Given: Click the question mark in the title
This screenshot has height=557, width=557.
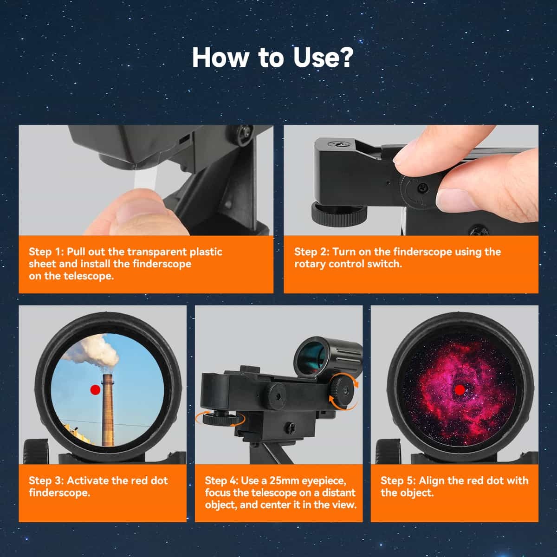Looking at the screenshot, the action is (x=344, y=57).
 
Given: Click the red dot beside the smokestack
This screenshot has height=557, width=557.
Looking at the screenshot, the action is (x=96, y=390).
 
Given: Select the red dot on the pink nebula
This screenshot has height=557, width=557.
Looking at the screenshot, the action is (x=460, y=390).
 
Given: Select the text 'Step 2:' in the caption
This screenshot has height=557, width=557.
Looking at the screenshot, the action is (x=311, y=252).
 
